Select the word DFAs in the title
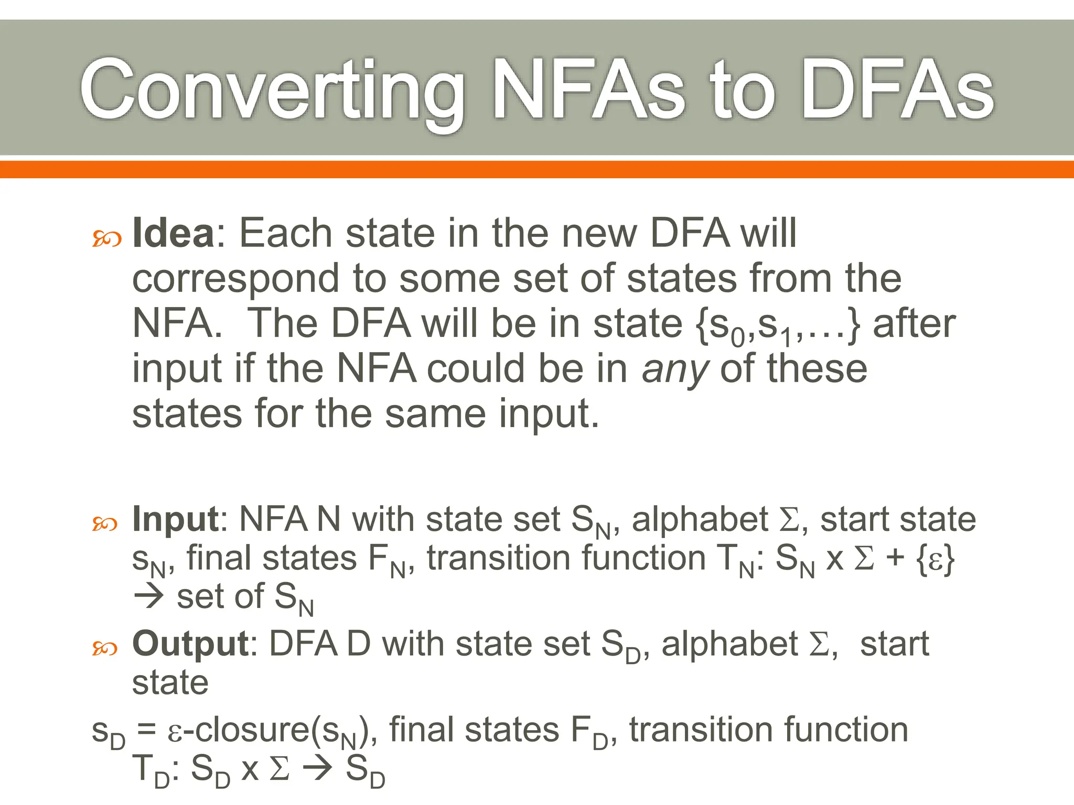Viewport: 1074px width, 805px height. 897,89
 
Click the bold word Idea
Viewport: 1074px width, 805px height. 173,233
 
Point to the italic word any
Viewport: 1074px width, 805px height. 675,370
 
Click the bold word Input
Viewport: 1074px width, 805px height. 175,520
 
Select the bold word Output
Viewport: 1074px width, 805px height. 190,644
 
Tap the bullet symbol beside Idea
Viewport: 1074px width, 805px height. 106,240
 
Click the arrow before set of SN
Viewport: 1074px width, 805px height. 149,597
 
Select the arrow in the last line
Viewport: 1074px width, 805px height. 318,769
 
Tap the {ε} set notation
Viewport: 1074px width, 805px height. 935,559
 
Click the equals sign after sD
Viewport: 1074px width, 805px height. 146,730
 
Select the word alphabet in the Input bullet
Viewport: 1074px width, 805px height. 700,520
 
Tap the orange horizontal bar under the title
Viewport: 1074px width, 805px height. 537,170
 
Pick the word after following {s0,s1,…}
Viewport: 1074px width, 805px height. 914,325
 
